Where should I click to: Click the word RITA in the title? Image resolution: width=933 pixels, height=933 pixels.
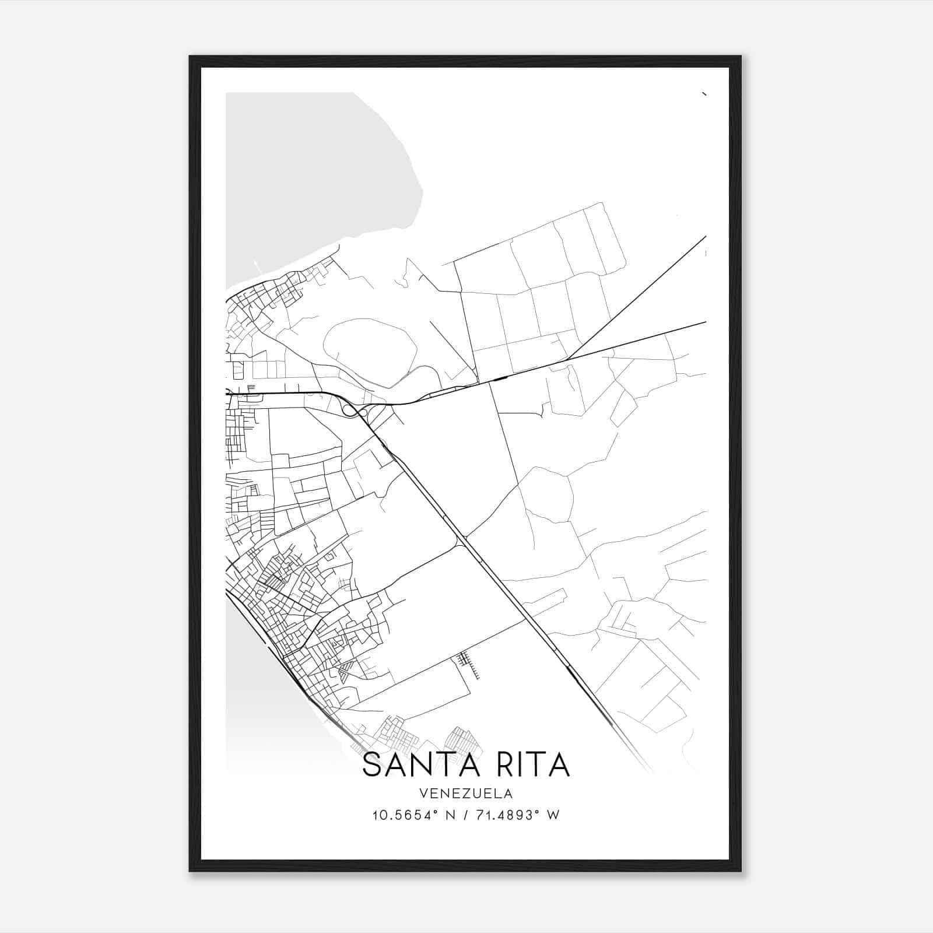click(x=526, y=764)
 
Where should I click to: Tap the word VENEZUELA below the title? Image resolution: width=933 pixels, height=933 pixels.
click(x=466, y=793)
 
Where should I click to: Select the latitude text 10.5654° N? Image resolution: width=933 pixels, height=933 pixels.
click(x=413, y=815)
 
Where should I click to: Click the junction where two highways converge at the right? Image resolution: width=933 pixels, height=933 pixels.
click(x=569, y=358)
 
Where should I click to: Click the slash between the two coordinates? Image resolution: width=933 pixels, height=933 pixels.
click(x=464, y=815)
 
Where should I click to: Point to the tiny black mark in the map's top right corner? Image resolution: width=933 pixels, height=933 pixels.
click(x=704, y=94)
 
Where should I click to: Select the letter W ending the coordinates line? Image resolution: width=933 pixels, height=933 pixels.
click(x=553, y=815)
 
